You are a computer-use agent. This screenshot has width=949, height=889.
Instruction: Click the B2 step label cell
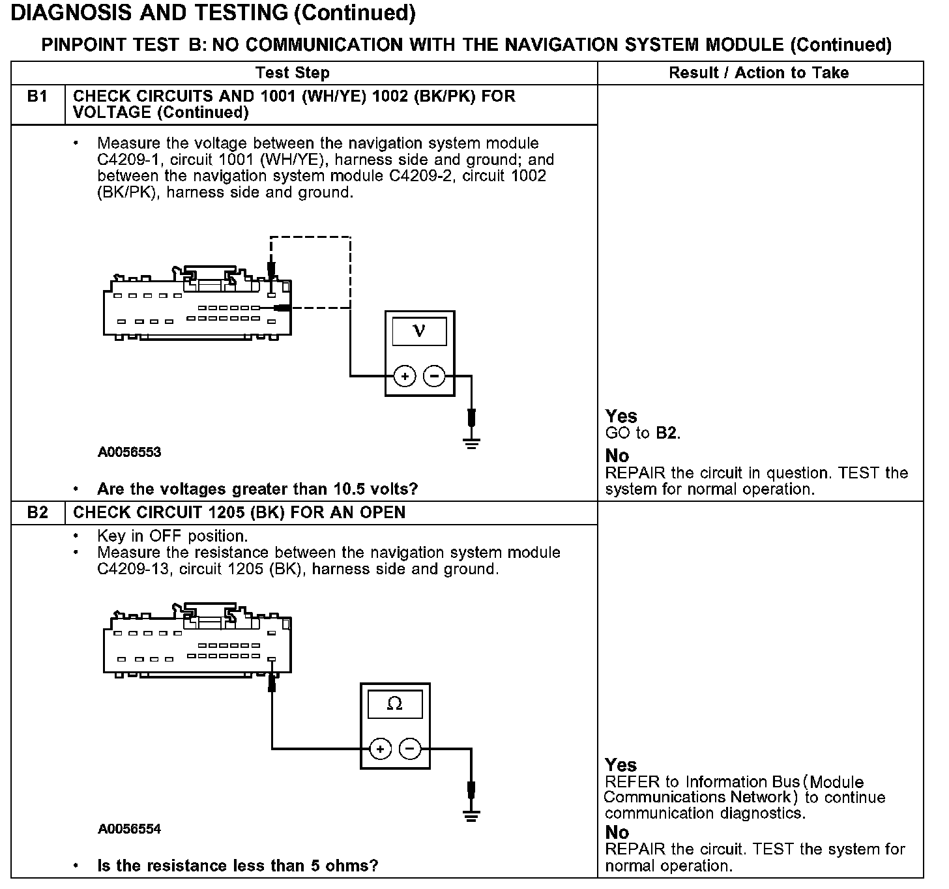pyautogui.click(x=38, y=512)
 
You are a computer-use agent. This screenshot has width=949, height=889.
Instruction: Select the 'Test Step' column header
pyautogui.click(x=292, y=72)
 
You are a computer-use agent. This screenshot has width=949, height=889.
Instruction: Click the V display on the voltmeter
pyautogui.click(x=419, y=331)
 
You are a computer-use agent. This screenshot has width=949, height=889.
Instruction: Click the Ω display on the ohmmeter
pyautogui.click(x=394, y=704)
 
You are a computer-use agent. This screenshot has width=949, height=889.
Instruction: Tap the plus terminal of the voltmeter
pyautogui.click(x=405, y=376)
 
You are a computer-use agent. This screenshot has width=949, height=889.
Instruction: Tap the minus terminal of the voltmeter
pyautogui.click(x=434, y=376)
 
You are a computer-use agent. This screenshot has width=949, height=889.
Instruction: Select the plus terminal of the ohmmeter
pyautogui.click(x=380, y=749)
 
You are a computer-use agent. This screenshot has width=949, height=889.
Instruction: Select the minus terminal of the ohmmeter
pyautogui.click(x=409, y=749)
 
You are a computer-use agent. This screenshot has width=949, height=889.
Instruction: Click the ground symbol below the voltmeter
pyautogui.click(x=471, y=443)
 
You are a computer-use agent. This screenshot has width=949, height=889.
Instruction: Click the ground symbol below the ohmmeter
pyautogui.click(x=471, y=814)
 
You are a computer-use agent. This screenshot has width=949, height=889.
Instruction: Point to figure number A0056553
pyautogui.click(x=129, y=452)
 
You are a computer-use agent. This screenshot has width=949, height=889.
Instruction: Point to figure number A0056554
pyautogui.click(x=129, y=829)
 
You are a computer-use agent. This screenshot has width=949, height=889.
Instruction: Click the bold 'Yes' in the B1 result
pyautogui.click(x=620, y=416)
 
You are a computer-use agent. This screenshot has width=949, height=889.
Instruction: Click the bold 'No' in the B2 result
pyautogui.click(x=617, y=832)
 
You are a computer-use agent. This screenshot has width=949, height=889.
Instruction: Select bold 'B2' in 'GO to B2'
pyautogui.click(x=666, y=433)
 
